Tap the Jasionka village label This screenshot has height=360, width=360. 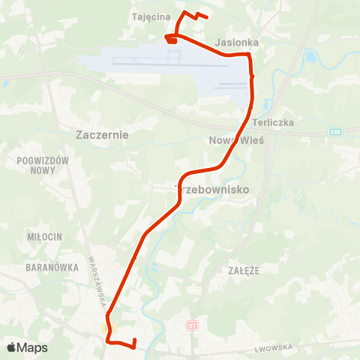[x=237, y=43]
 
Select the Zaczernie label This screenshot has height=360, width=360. [x=103, y=135]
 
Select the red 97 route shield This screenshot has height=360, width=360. [x=192, y=326]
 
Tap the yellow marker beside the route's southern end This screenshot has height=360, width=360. [x=103, y=328]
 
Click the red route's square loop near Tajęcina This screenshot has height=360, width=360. [x=171, y=39]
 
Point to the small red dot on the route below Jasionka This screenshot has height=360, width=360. [x=252, y=76]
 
